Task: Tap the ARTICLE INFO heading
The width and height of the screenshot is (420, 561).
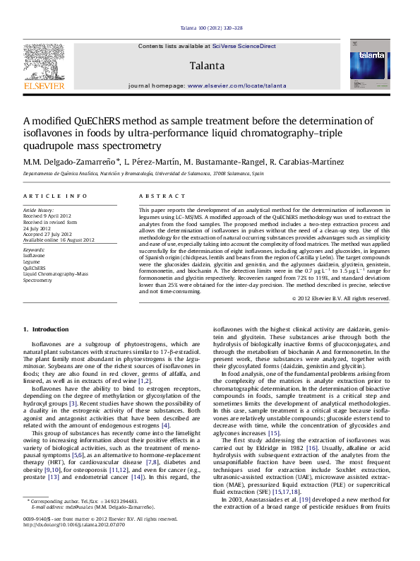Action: point(55,195)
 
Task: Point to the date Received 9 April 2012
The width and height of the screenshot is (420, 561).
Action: point(52,215)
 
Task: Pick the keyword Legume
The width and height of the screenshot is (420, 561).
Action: point(32,262)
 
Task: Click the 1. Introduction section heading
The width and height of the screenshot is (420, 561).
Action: point(46,329)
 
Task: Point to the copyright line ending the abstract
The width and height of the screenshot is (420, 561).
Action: point(340,299)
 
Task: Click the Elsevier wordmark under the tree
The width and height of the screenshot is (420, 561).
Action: point(44,85)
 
